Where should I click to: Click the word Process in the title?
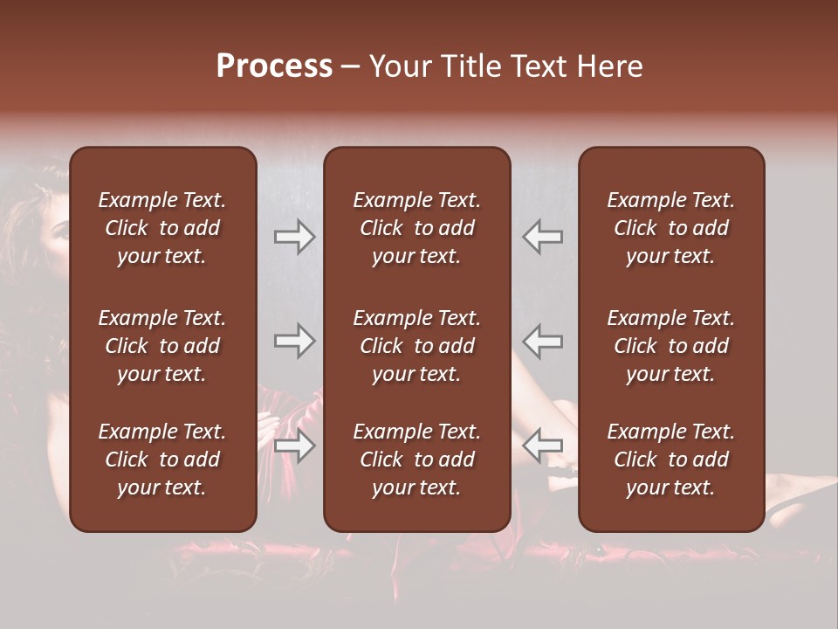pyautogui.click(x=274, y=66)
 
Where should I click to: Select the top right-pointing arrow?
pyautogui.click(x=294, y=237)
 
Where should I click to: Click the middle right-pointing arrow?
pyautogui.click(x=294, y=341)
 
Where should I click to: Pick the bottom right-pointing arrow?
pyautogui.click(x=294, y=446)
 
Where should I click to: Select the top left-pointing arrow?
pyautogui.click(x=542, y=237)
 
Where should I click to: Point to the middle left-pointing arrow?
pyautogui.click(x=542, y=341)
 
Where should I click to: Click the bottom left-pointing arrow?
pyautogui.click(x=542, y=446)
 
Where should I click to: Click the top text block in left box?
pyautogui.click(x=162, y=228)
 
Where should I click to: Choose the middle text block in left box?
pyautogui.click(x=162, y=346)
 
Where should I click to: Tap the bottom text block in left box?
pyautogui.click(x=162, y=460)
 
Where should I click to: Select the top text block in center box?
pyautogui.click(x=416, y=228)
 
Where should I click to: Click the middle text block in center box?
pyautogui.click(x=416, y=346)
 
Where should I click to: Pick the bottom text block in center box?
pyautogui.click(x=416, y=460)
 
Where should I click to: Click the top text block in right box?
pyautogui.click(x=670, y=228)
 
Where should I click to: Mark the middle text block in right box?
pyautogui.click(x=670, y=346)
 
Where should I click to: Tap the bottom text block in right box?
pyautogui.click(x=670, y=460)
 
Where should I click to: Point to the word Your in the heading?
pyautogui.click(x=400, y=66)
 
